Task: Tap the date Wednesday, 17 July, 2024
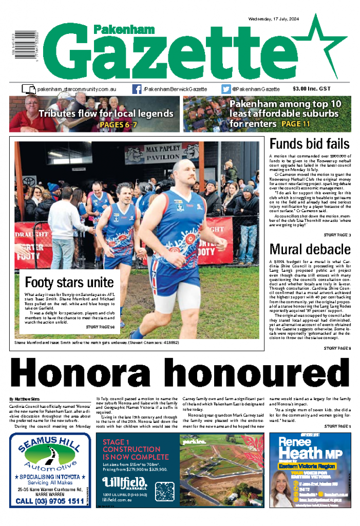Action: (277, 18)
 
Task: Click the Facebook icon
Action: (137, 89)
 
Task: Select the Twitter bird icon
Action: (226, 89)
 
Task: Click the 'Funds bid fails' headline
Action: (309, 144)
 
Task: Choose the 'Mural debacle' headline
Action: (309, 250)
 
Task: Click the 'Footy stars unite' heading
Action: (69, 282)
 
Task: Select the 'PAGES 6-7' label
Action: (118, 124)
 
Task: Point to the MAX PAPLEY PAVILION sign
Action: (160, 153)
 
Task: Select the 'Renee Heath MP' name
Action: (307, 448)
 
